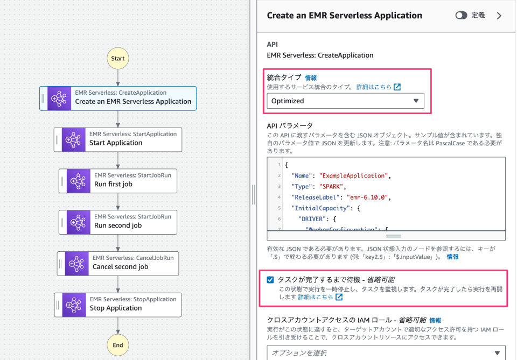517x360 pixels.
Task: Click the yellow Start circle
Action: [x=117, y=59]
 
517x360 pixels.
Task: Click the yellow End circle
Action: [x=117, y=345]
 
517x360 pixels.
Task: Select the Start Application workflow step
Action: [x=118, y=139]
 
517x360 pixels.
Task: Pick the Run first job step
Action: [x=117, y=180]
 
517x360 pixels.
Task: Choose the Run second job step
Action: [x=117, y=222]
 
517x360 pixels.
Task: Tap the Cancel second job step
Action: [x=117, y=263]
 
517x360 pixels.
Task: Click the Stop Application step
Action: [x=117, y=304]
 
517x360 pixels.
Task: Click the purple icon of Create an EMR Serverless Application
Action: [x=58, y=98]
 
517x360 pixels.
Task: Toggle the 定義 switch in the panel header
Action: [x=461, y=16]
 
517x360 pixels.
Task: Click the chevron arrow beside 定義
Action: [x=499, y=16]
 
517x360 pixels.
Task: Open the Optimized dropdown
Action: [x=345, y=101]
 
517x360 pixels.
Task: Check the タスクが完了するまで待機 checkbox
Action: [x=270, y=280]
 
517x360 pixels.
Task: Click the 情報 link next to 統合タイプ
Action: [x=311, y=78]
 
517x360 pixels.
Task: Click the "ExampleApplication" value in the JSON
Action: [x=353, y=176]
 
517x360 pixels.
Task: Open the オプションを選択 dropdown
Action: [x=386, y=352]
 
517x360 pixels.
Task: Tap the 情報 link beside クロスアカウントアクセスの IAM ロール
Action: [x=435, y=320]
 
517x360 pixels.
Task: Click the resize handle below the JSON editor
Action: [x=394, y=236]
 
